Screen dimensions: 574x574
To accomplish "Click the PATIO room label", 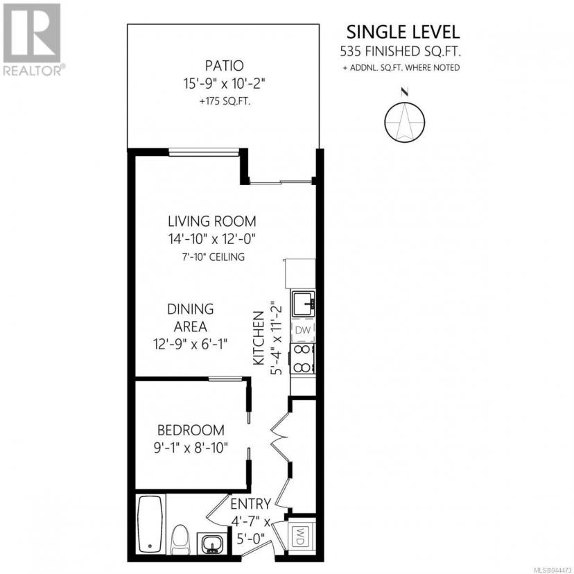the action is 224,66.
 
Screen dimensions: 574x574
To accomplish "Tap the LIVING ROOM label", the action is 212,221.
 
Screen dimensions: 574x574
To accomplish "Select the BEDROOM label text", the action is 191,430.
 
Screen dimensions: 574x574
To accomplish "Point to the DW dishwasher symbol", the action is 303,330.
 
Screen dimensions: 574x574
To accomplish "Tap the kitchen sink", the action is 303,304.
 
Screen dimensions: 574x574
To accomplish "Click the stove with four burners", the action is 303,358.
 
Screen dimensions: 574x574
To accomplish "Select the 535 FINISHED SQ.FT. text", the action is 400,51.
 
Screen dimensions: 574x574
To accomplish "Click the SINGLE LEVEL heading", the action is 403,32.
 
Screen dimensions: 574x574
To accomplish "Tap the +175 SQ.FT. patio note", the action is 225,102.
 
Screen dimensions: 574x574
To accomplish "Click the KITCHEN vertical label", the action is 259,338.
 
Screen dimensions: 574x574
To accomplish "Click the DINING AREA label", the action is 191,318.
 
